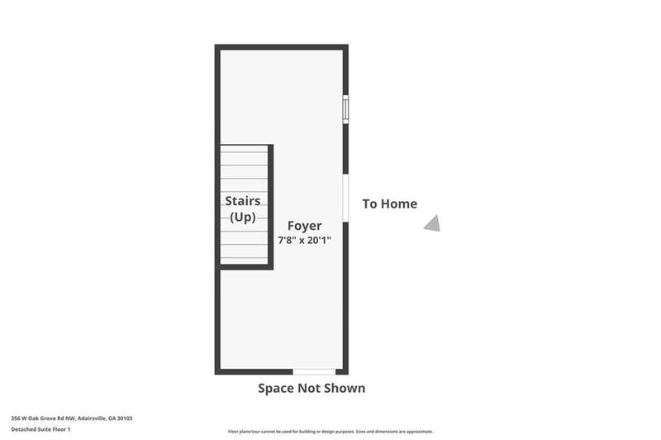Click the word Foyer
point(304,225)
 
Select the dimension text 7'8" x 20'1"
point(304,240)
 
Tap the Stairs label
point(243,201)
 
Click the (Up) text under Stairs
point(243,217)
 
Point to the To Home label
point(389,203)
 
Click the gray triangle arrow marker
point(432,223)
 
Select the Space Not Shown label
point(311,388)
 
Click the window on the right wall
point(345,109)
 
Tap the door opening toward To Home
point(345,198)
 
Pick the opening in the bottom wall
point(314,371)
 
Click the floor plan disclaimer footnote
point(330,432)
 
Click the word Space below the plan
point(278,388)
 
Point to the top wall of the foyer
point(281,47)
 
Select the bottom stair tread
point(244,258)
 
